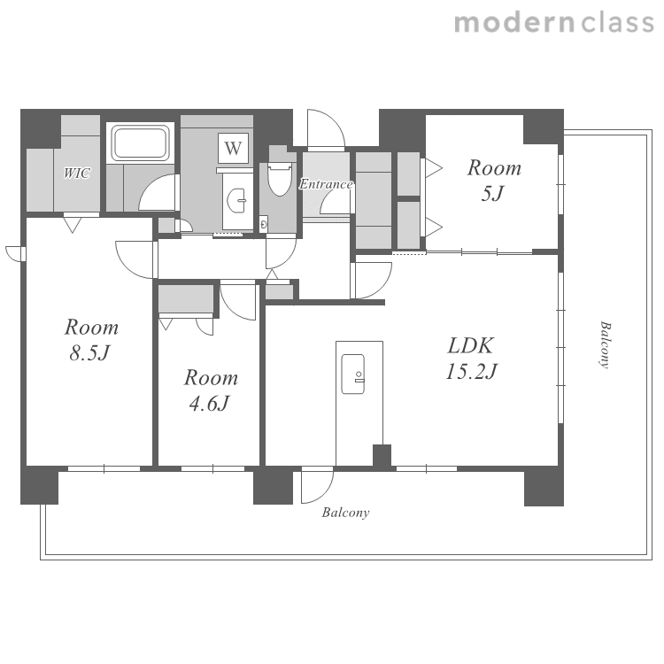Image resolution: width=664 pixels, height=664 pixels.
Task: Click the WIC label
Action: tap(77, 173)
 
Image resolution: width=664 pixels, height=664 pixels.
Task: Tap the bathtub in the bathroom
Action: tap(140, 143)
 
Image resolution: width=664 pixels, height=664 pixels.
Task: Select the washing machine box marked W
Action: tap(233, 149)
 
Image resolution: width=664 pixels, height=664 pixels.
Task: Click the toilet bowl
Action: tap(280, 179)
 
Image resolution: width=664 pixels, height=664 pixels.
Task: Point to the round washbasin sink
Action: tap(236, 200)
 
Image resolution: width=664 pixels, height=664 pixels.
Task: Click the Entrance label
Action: tap(326, 184)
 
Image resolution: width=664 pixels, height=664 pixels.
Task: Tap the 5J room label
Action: tap(494, 181)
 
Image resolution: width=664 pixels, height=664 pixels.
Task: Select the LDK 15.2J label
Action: tap(471, 359)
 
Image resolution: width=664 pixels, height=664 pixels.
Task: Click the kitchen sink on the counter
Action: tap(353, 374)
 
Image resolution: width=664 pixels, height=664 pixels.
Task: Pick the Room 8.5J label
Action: tap(91, 340)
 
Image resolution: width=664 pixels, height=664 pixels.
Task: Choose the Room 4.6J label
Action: tap(211, 390)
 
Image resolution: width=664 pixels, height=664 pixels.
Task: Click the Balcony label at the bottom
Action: tap(345, 513)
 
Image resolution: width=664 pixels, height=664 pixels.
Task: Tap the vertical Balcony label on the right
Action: tap(606, 344)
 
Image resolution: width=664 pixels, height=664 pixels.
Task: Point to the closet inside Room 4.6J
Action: tap(186, 299)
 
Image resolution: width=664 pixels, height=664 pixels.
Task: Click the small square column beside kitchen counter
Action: tap(382, 456)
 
